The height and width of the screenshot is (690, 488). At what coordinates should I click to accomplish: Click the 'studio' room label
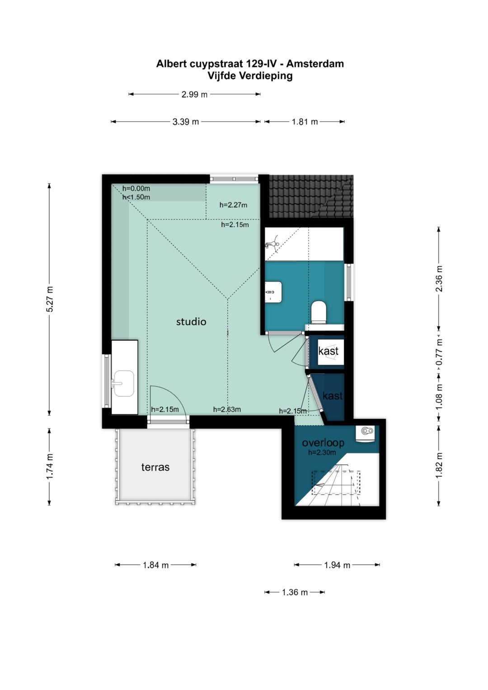point(191,322)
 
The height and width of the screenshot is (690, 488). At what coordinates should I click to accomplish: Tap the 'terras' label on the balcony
point(155,467)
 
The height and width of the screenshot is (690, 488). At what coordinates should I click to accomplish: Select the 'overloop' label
point(323,443)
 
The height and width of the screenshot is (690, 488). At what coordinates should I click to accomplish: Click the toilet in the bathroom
point(319,312)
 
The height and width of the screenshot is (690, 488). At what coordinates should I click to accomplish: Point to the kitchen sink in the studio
point(124,383)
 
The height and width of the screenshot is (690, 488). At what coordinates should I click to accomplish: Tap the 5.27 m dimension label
point(50,299)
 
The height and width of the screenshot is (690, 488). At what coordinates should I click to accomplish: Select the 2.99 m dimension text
point(194,94)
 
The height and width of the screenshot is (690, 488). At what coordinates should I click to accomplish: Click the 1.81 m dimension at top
point(305,122)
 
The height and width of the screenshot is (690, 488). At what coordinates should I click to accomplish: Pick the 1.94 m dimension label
point(337,565)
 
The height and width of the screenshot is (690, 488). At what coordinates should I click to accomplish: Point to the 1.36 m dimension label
point(295,592)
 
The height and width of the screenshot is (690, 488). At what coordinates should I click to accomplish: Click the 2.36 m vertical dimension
point(439,278)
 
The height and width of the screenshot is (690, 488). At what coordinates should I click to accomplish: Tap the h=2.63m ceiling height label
point(227,409)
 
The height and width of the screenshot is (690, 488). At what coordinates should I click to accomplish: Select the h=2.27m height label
point(233,205)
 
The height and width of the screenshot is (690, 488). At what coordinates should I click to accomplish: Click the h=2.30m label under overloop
point(322,452)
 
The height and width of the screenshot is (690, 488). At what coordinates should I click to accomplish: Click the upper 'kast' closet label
point(328,351)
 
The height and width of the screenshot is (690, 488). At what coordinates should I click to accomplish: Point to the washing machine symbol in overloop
point(366,433)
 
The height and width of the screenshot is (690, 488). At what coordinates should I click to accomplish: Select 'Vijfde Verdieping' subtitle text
point(250,75)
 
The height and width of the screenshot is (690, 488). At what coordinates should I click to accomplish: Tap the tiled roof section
point(311,197)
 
